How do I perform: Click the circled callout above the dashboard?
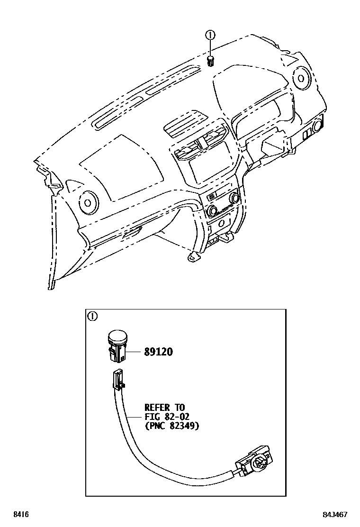211,35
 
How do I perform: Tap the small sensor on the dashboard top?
211,60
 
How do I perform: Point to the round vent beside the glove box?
88,202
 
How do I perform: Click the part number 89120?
159,352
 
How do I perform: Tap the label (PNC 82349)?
171,426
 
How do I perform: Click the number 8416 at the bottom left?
20,514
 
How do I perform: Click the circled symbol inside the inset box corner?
93,316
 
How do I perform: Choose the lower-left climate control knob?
211,210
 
